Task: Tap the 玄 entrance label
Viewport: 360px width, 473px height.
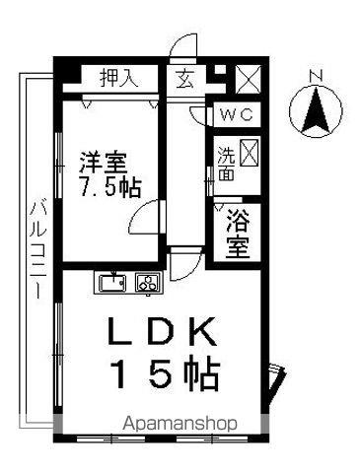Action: pyautogui.click(x=183, y=78)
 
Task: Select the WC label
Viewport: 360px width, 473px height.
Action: pyautogui.click(x=237, y=114)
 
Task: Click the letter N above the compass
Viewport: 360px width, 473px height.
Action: pyautogui.click(x=316, y=76)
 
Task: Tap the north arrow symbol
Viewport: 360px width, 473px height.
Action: pyautogui.click(x=316, y=111)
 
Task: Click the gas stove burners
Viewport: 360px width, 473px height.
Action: pyautogui.click(x=147, y=284)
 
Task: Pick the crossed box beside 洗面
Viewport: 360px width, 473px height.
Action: pyautogui.click(x=250, y=153)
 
